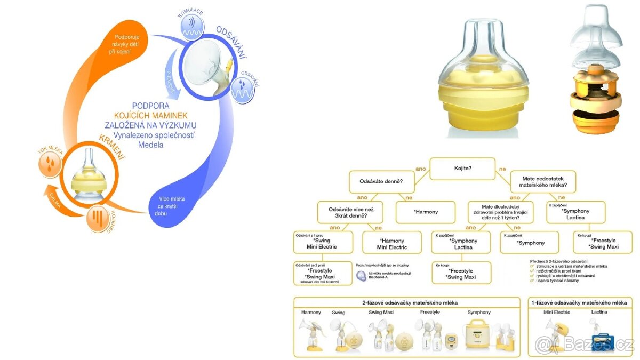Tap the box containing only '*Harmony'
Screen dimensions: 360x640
(x=425, y=212)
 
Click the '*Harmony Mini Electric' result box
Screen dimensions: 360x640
(x=393, y=244)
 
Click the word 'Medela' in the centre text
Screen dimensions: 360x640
(x=150, y=145)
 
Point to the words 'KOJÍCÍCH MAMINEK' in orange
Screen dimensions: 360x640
(x=151, y=115)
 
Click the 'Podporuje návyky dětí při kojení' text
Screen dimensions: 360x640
(x=122, y=45)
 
